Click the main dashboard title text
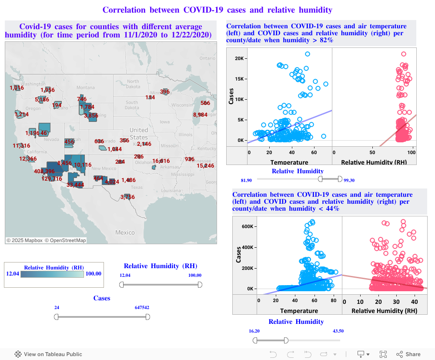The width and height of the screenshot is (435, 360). tap(217, 10)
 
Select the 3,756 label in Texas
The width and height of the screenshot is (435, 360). tap(128, 197)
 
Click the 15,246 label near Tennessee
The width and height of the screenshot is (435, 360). tap(205, 166)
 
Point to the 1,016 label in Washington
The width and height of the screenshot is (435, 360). tap(17, 88)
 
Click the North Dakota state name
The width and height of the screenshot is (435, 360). tap(133, 84)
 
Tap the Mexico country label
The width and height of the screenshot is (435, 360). tap(125, 232)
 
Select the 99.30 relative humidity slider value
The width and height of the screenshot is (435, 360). tap(349, 180)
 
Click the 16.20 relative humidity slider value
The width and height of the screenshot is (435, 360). tap(254, 331)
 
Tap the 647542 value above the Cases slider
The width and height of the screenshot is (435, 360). tap(142, 307)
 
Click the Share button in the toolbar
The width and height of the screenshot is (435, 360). tap(408, 354)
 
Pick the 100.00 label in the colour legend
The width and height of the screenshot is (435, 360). tap(93, 274)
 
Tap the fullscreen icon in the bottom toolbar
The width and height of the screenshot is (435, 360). tap(383, 354)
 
